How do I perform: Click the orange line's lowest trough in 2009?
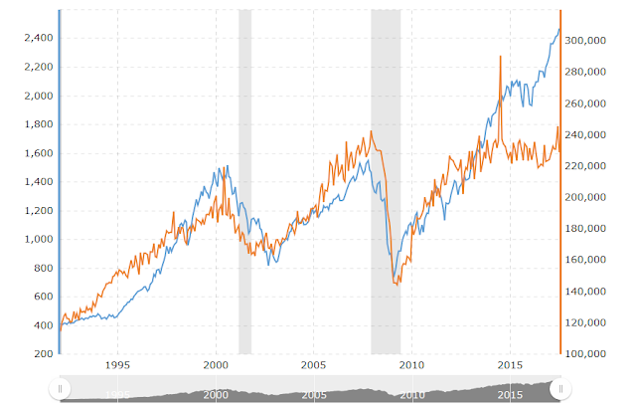click(397, 284)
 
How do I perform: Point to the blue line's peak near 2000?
click(227, 166)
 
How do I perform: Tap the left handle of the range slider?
click(62, 389)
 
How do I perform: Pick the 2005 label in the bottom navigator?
click(314, 395)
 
